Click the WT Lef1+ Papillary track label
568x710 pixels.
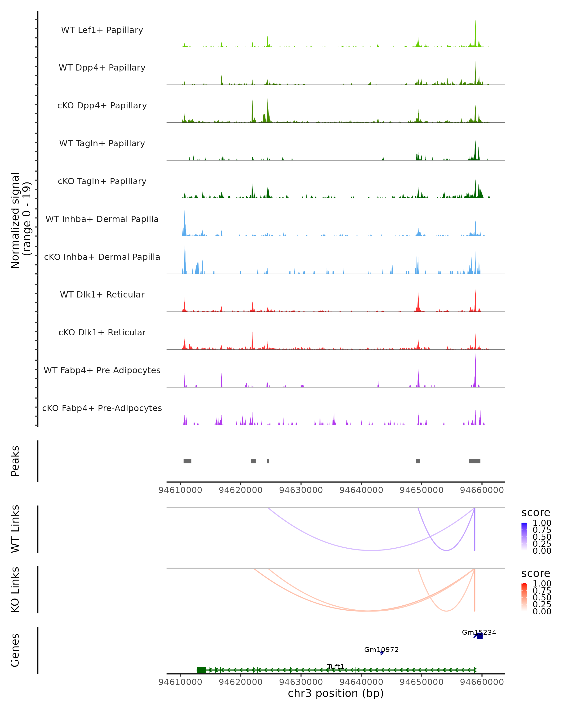point(102,30)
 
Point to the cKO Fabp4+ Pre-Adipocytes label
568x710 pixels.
point(102,408)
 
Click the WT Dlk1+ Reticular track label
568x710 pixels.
point(102,294)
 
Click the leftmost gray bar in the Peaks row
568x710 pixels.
point(187,461)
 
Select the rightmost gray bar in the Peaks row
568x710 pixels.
point(475,461)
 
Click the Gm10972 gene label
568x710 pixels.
point(381,649)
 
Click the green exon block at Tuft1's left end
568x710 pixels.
point(201,670)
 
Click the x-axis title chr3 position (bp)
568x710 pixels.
point(336,693)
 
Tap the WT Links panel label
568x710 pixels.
point(15,529)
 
